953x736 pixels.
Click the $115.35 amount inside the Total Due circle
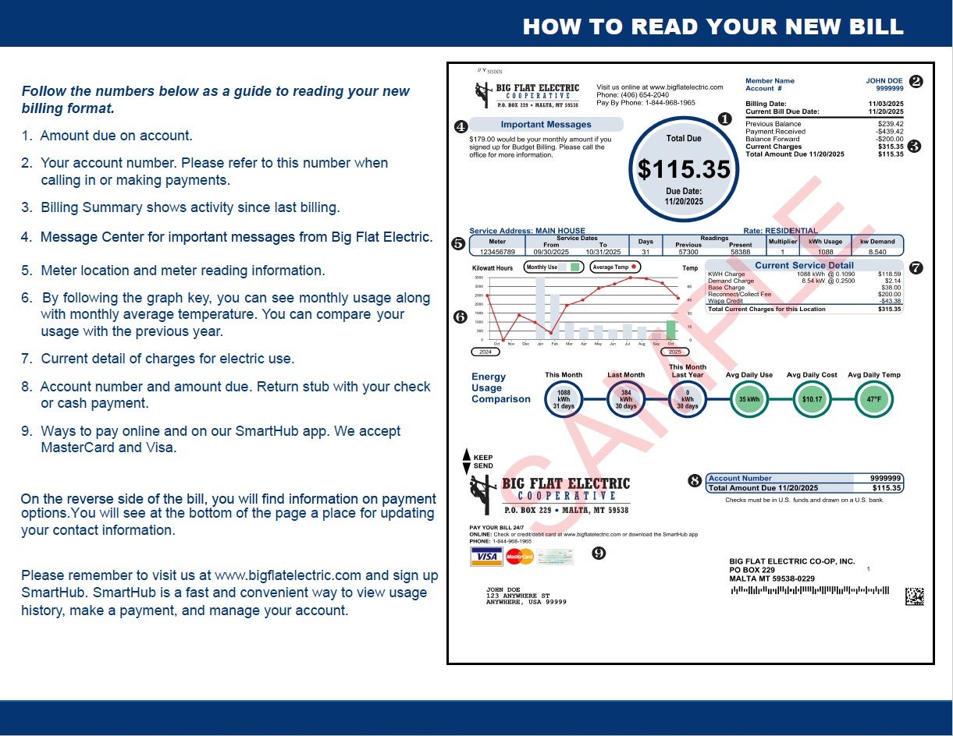click(684, 169)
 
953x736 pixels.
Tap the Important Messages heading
click(546, 125)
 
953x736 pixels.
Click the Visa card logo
click(487, 557)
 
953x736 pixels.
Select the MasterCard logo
click(519, 557)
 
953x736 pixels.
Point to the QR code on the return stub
click(914, 596)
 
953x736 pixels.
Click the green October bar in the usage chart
click(670, 330)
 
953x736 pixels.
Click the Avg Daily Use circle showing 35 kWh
click(749, 400)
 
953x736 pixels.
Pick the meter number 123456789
click(497, 252)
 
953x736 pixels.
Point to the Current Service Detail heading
click(804, 266)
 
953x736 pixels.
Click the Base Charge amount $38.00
click(889, 288)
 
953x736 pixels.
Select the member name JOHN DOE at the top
click(884, 81)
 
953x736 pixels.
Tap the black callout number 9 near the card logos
click(599, 553)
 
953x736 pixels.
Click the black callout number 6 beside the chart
click(460, 317)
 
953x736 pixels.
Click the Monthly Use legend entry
click(553, 267)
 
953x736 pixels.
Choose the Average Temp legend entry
click(614, 267)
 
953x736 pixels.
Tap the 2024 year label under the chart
click(485, 352)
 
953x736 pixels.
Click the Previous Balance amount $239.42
click(891, 124)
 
